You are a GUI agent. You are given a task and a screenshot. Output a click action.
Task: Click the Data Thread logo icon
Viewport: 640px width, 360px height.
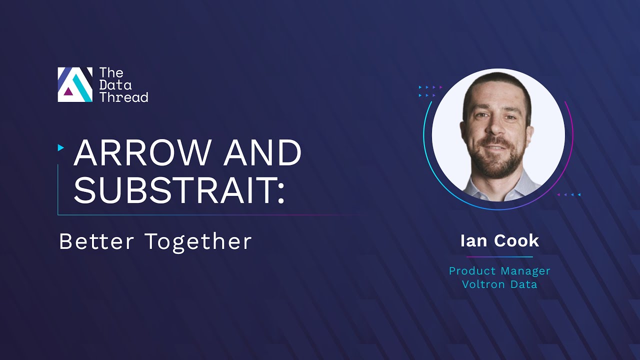click(x=75, y=84)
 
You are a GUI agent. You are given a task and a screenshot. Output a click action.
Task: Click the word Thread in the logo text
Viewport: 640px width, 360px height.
click(x=123, y=97)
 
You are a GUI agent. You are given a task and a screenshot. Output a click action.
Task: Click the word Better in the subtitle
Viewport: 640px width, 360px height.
click(x=97, y=241)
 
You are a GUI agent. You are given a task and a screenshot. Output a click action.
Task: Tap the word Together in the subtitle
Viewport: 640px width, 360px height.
click(x=198, y=241)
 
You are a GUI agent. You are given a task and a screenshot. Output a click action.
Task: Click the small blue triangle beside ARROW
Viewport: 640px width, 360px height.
click(x=61, y=147)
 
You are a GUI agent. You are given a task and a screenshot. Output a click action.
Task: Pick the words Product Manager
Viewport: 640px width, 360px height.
click(x=499, y=271)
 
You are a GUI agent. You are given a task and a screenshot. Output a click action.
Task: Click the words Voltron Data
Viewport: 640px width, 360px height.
click(x=499, y=284)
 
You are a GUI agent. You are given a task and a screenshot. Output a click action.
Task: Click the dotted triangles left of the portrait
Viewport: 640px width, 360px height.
click(x=430, y=91)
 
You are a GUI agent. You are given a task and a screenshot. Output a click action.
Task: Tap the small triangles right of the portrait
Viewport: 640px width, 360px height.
click(x=569, y=194)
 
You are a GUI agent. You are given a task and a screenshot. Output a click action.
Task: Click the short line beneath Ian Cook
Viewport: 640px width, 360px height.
click(x=499, y=257)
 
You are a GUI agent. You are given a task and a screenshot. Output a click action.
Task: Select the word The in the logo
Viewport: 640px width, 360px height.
click(x=111, y=73)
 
